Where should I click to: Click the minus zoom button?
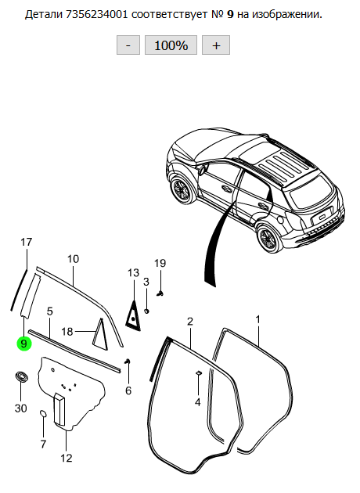pyautogui.click(x=128, y=45)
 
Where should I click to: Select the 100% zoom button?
pyautogui.click(x=171, y=45)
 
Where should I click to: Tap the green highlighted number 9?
pyautogui.click(x=24, y=344)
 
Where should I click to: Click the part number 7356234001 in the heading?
pyautogui.click(x=97, y=14)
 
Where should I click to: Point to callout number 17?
pyautogui.click(x=27, y=242)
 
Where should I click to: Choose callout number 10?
pyautogui.click(x=73, y=259)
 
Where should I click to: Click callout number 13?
pyautogui.click(x=133, y=273)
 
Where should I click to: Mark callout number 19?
pyautogui.click(x=160, y=263)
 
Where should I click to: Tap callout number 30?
pyautogui.click(x=21, y=408)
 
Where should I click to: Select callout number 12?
pyautogui.click(x=67, y=458)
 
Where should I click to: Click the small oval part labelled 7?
pyautogui.click(x=43, y=413)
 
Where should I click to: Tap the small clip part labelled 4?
pyautogui.click(x=199, y=373)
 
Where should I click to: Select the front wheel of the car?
pyautogui.click(x=182, y=189)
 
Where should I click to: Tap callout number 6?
pyautogui.click(x=128, y=390)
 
